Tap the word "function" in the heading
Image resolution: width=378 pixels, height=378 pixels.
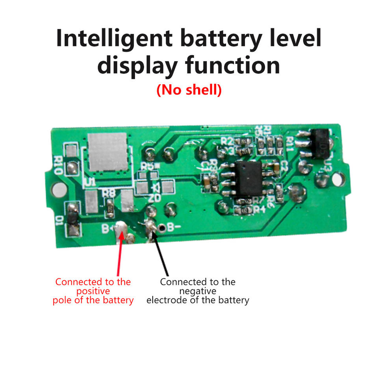pyautogui.click(x=233, y=65)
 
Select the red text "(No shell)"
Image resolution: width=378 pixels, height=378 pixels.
pyautogui.click(x=189, y=90)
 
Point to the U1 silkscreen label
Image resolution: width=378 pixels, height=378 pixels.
pyautogui.click(x=91, y=182)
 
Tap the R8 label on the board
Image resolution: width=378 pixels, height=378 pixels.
pyautogui.click(x=108, y=193)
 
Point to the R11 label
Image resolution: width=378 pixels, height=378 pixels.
pyautogui.click(x=291, y=144)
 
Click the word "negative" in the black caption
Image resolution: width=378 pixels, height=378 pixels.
pyautogui.click(x=198, y=291)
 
